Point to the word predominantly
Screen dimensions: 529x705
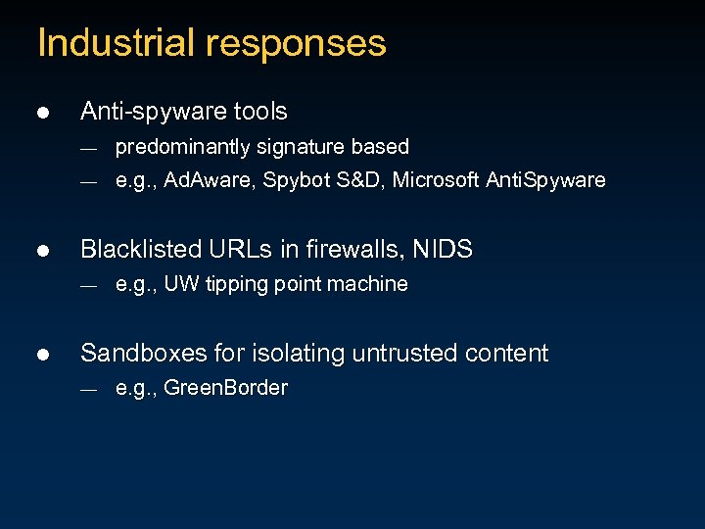[x=182, y=147]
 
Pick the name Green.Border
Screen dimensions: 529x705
[x=225, y=388]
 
